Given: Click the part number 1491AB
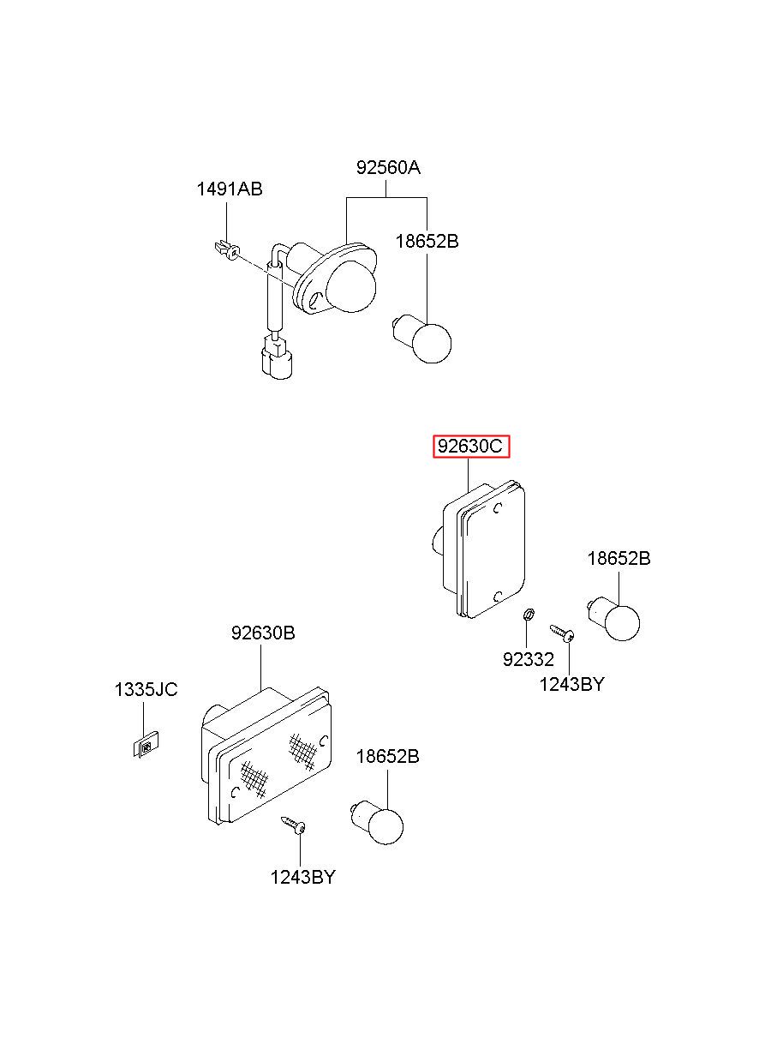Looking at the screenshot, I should [x=230, y=189].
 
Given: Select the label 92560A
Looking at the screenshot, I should [x=388, y=167].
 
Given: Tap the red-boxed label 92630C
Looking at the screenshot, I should [x=471, y=447].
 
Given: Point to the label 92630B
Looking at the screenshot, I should [x=263, y=633].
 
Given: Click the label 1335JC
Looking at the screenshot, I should [x=146, y=689].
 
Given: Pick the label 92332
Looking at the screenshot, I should [x=529, y=659].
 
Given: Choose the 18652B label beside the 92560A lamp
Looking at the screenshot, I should [x=427, y=242].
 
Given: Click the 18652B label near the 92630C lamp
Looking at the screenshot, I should [x=619, y=559].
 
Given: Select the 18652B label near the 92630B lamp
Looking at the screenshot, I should [x=387, y=757].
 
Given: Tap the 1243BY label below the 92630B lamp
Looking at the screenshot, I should [x=302, y=877].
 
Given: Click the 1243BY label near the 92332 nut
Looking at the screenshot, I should [x=571, y=684].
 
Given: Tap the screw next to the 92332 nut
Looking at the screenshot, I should [x=562, y=633].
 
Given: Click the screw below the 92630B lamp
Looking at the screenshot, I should [x=294, y=825].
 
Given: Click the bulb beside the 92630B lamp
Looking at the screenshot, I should [x=380, y=824].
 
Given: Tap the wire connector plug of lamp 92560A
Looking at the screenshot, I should [x=276, y=361].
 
